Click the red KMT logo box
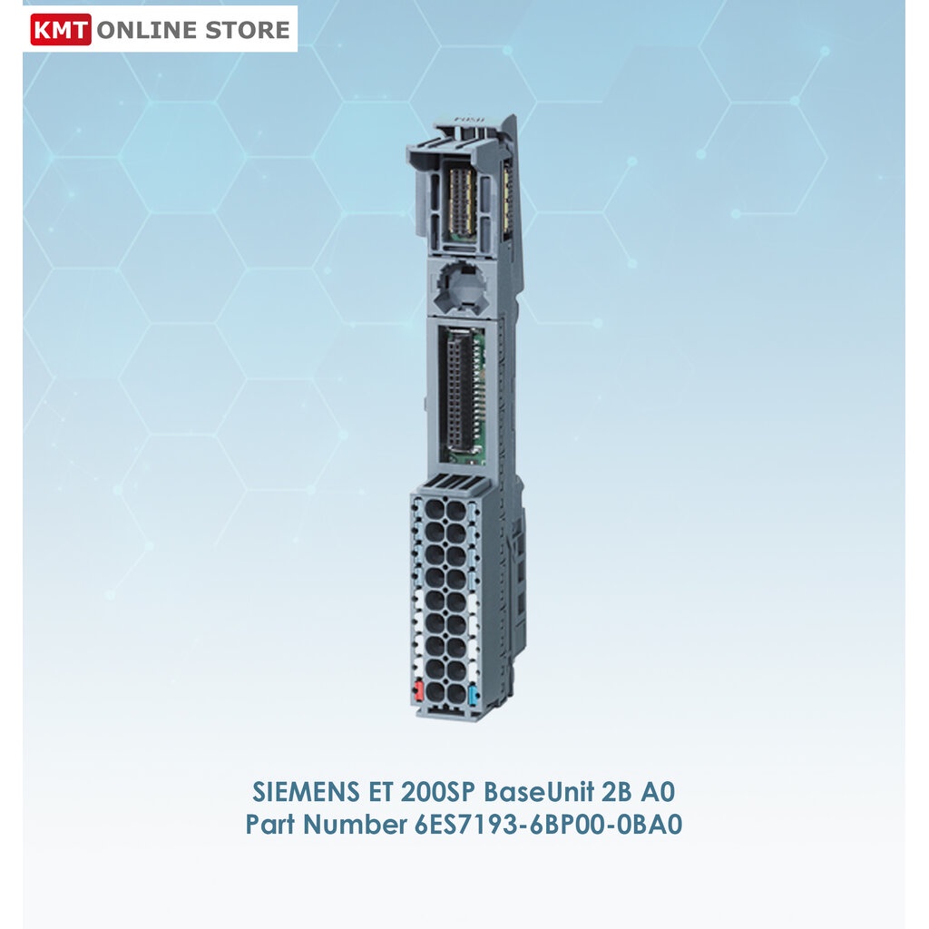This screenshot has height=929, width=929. (x=61, y=30)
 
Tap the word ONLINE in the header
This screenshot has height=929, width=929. (x=146, y=30)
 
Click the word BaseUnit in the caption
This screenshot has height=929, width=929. (x=538, y=792)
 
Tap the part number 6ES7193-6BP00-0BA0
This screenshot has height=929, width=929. (x=541, y=826)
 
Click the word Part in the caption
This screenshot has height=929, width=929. (x=270, y=826)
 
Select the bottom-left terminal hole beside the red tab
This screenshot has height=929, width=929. (x=435, y=694)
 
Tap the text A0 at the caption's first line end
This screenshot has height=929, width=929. (x=658, y=792)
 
